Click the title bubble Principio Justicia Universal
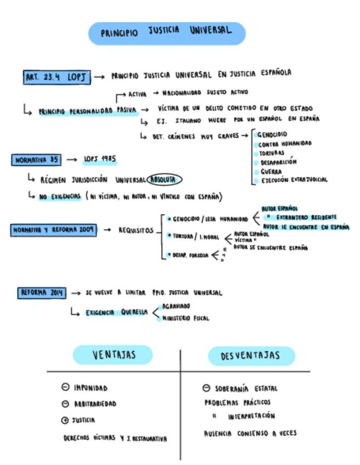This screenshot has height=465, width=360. (x=167, y=33)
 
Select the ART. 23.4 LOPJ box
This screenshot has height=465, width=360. (x=57, y=77)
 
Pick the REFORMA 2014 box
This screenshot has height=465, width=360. (x=42, y=293)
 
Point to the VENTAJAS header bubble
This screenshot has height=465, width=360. (x=113, y=355)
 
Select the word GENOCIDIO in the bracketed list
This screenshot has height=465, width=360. (x=272, y=134)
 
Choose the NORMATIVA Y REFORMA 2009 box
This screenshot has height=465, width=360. (x=54, y=230)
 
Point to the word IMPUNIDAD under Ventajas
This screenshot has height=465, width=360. (x=91, y=388)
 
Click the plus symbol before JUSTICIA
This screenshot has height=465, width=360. (x=65, y=420)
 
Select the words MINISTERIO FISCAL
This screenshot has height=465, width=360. (x=185, y=318)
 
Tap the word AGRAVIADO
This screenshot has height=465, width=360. (x=176, y=306)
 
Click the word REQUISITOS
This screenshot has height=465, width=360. (x=136, y=230)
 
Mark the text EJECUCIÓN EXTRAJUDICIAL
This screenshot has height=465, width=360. (x=294, y=179)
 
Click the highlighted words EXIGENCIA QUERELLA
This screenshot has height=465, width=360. (x=116, y=313)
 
